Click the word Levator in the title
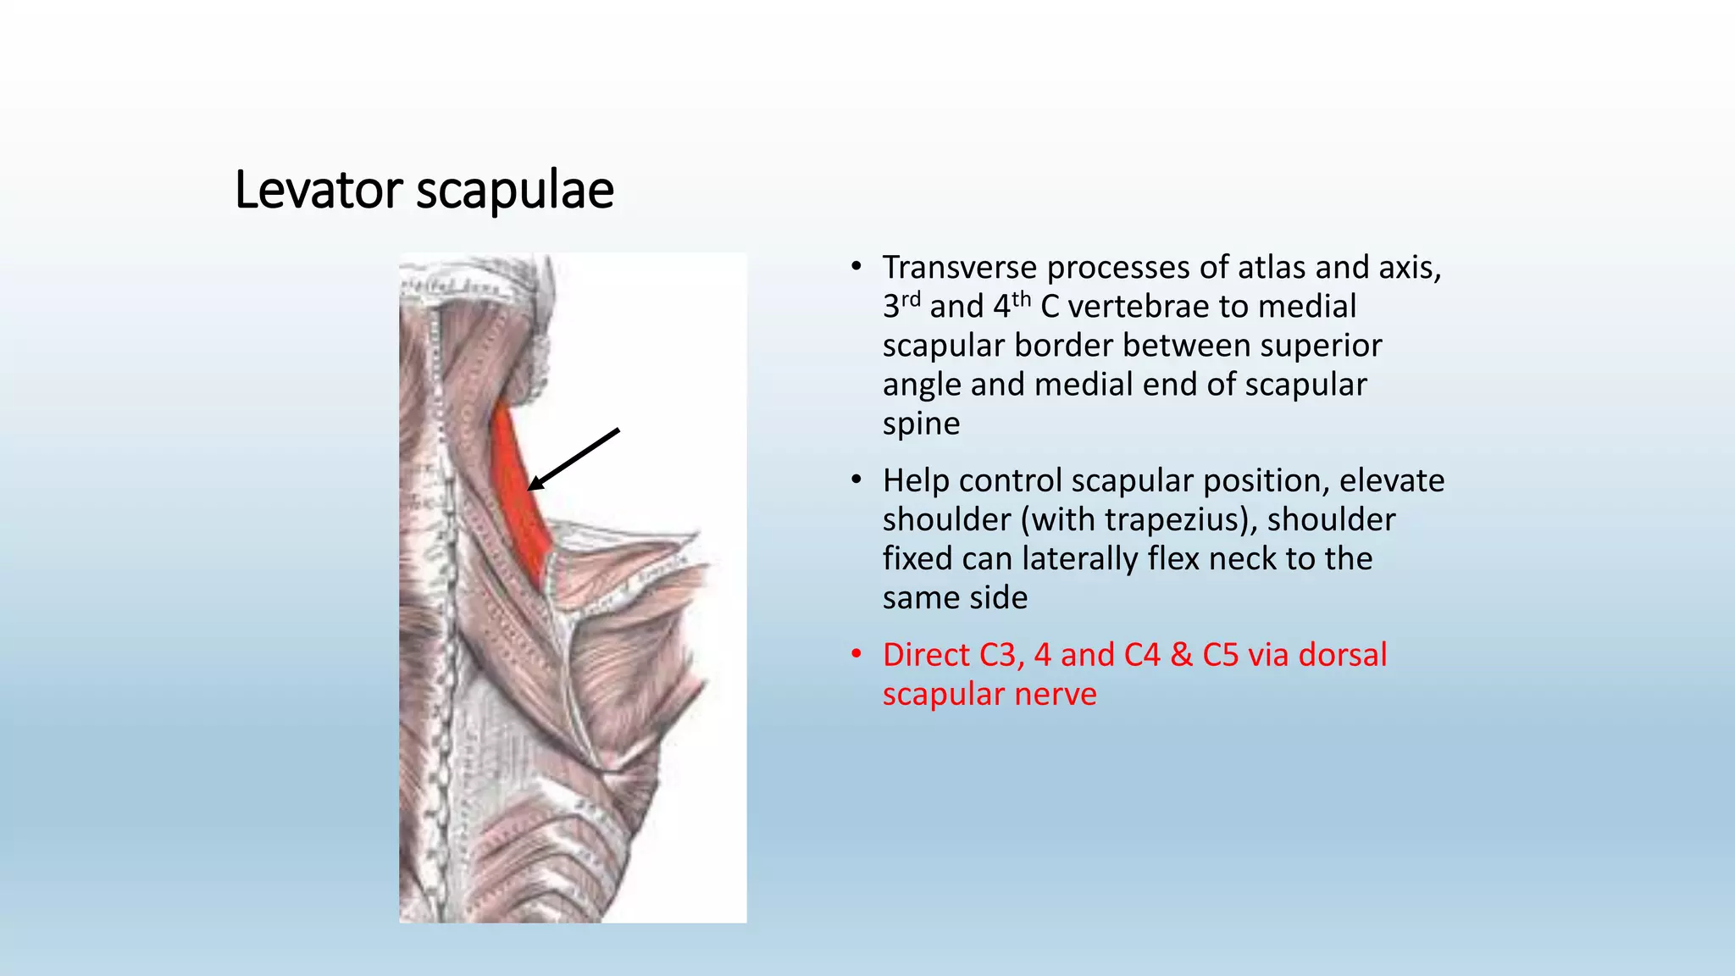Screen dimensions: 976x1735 [x=318, y=190]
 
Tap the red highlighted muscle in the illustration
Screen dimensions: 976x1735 [x=517, y=491]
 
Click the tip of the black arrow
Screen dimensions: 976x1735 [x=529, y=489]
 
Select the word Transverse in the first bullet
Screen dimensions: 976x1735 [x=959, y=268]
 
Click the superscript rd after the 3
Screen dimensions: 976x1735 [x=911, y=298]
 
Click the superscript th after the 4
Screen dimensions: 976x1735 [x=1021, y=298]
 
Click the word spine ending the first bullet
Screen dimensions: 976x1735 [x=921, y=424]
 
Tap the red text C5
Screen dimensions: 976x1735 [x=1220, y=655]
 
